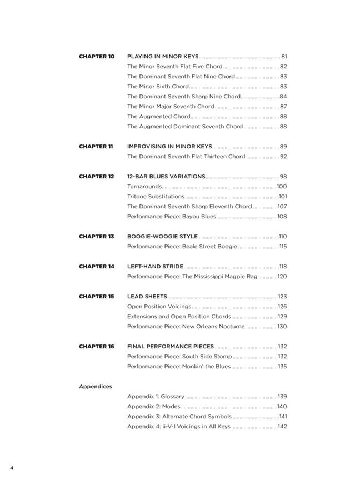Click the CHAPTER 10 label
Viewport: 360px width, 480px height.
97,57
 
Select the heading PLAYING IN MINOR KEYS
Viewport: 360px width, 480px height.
163,57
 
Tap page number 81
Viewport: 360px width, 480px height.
284,57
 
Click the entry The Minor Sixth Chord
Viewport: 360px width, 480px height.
158,87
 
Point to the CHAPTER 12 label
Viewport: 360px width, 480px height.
97,177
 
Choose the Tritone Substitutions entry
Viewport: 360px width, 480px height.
156,197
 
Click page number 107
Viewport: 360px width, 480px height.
282,207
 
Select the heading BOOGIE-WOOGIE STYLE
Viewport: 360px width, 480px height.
162,237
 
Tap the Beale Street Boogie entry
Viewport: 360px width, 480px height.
182,247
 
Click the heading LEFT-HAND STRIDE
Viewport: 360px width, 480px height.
155,267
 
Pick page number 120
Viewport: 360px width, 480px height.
282,277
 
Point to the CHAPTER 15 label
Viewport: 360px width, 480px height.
97,297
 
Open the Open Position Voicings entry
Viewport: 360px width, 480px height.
159,307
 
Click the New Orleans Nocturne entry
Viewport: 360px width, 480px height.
186,327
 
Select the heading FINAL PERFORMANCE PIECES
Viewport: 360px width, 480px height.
171,347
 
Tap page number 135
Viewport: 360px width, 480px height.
282,367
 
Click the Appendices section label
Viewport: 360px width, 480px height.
95,387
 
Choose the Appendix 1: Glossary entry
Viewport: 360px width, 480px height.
156,397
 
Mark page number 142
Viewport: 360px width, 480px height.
282,427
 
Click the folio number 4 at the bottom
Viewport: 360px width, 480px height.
11,468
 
